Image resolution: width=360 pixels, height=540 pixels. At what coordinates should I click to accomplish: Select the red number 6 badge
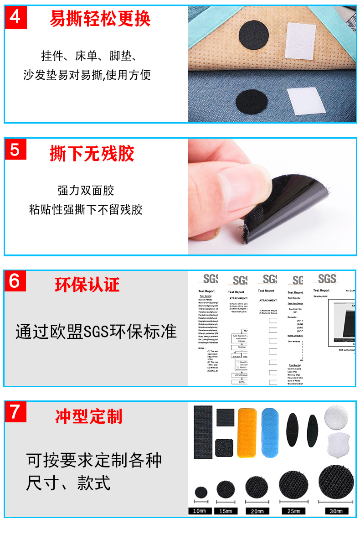(15, 281)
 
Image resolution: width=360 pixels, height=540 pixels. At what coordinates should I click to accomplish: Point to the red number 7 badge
(15, 411)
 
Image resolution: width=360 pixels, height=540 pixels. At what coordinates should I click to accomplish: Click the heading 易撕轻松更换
(100, 19)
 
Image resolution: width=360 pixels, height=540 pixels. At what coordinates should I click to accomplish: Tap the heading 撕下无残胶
(92, 154)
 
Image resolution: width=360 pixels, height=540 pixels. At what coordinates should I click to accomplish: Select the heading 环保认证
(87, 285)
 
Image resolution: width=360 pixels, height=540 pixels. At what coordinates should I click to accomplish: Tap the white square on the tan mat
(301, 42)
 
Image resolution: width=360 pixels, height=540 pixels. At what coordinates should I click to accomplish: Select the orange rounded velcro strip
(247, 432)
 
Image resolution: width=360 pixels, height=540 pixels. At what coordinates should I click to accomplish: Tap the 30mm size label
(336, 511)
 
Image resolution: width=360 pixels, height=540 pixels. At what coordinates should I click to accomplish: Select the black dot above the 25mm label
(293, 485)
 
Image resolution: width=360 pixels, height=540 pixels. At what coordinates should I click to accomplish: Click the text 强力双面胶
(86, 190)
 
